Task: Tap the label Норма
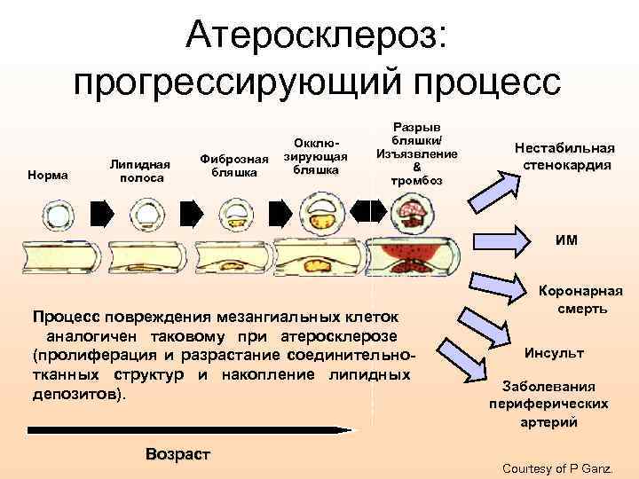pos(48,175)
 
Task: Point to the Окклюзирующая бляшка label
pos(315,155)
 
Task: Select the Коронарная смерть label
pos(582,300)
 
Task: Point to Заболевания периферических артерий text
pos(549,405)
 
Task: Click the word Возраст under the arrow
pos(177,454)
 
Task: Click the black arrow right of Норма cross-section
pos(102,213)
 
